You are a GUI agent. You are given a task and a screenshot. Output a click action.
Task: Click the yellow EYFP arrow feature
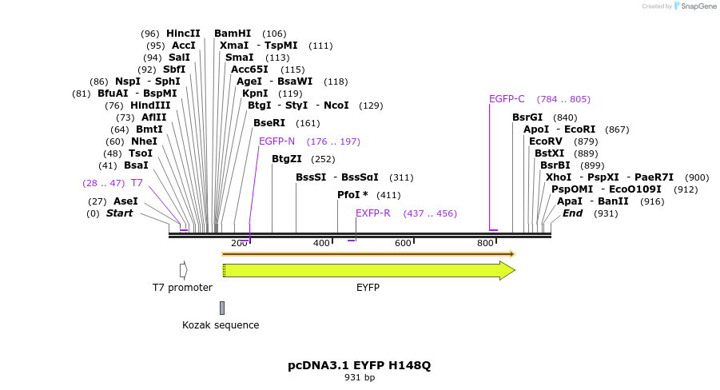368,270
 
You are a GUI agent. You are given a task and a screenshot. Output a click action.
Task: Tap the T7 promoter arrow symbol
183,270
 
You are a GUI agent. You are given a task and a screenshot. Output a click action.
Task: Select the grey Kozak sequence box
222,308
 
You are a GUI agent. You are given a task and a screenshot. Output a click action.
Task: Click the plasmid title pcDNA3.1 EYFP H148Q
359,365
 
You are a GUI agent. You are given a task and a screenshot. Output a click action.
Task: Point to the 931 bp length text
360,377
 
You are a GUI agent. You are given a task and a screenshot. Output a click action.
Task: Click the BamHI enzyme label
233,34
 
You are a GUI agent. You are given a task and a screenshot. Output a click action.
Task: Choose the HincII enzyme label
183,34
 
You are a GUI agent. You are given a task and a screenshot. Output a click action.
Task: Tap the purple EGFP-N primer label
276,141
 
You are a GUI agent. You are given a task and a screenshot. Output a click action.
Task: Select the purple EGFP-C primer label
507,99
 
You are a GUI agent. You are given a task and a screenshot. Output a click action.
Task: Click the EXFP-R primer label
372,213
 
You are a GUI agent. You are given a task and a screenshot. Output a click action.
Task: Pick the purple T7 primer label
137,183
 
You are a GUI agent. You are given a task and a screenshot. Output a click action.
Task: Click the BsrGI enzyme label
527,117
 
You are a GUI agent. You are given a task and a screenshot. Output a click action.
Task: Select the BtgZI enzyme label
286,159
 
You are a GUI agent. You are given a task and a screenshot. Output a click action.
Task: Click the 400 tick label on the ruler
321,243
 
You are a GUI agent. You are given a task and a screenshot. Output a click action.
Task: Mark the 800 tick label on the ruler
485,243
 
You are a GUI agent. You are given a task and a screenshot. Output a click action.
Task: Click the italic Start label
119,213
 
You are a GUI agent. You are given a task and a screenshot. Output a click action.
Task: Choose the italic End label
572,213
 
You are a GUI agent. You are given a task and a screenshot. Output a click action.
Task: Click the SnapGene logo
695,6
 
